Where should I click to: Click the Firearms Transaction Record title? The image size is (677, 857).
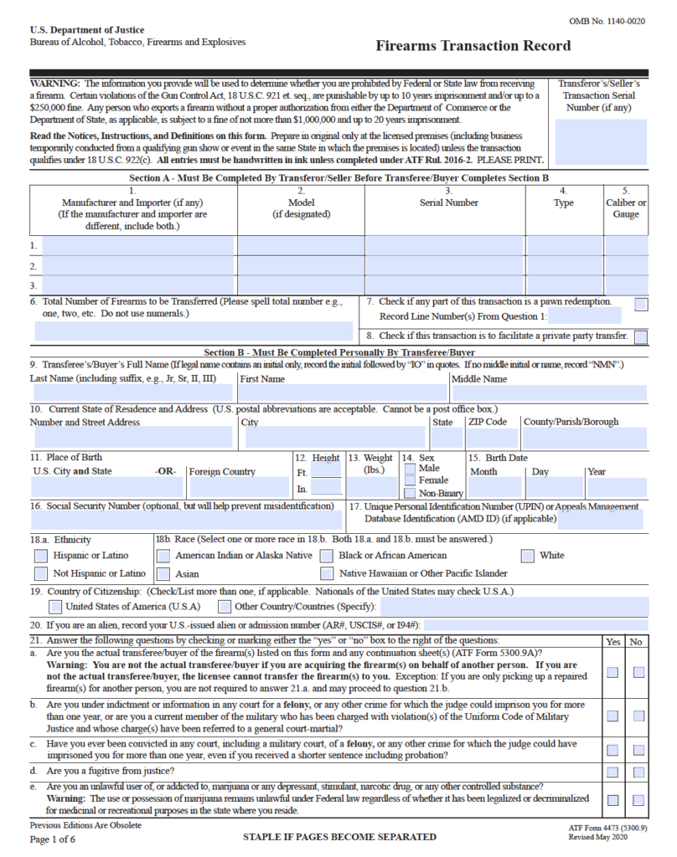pyautogui.click(x=473, y=46)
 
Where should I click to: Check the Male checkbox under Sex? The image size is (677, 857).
pyautogui.click(x=410, y=469)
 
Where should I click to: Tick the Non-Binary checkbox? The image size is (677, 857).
pyautogui.click(x=410, y=493)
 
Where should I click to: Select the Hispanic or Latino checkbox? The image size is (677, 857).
pyautogui.click(x=41, y=556)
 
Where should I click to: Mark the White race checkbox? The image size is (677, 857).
pyautogui.click(x=528, y=556)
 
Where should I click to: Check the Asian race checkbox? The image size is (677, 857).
pyautogui.click(x=163, y=574)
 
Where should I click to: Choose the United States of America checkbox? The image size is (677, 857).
pyautogui.click(x=55, y=606)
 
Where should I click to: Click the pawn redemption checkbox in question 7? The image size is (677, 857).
pyautogui.click(x=641, y=305)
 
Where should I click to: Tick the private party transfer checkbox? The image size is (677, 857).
pyautogui.click(x=641, y=337)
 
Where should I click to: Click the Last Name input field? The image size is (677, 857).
pyautogui.click(x=132, y=393)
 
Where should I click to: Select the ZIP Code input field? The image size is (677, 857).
pyautogui.click(x=492, y=437)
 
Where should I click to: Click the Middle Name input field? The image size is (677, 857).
pyautogui.click(x=549, y=393)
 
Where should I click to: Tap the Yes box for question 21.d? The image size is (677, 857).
pyautogui.click(x=613, y=772)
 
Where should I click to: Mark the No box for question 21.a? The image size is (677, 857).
pyautogui.click(x=639, y=672)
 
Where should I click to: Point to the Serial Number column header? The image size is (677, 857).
pyautogui.click(x=449, y=203)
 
